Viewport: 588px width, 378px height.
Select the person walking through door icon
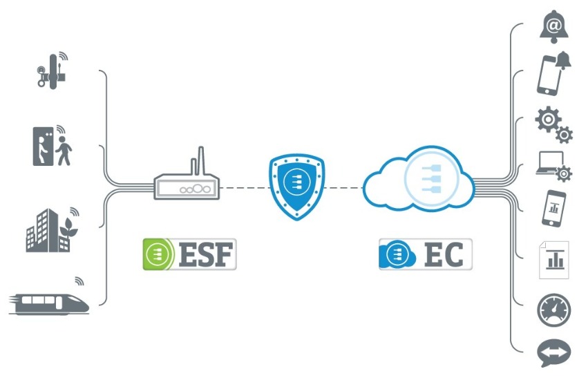click(53, 146)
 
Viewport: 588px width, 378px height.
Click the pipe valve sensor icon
click(51, 72)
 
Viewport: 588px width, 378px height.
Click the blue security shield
click(296, 185)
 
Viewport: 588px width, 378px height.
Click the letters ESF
click(209, 254)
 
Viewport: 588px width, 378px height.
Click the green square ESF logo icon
click(157, 254)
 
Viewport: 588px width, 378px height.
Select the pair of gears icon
click(553, 124)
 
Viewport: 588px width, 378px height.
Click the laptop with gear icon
click(553, 167)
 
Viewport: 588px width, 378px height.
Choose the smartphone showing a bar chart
click(553, 208)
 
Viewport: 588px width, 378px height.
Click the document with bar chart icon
click(553, 259)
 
